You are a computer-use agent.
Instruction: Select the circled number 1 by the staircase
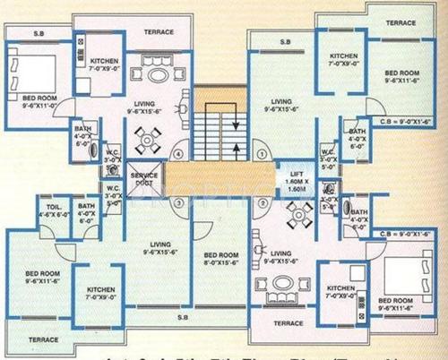tap(263, 152)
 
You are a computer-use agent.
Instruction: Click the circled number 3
tap(178, 202)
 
